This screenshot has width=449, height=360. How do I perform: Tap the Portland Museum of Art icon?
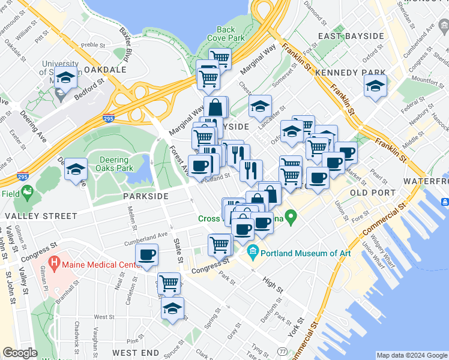tap(253, 253)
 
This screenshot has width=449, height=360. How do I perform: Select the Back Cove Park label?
tap(226, 34)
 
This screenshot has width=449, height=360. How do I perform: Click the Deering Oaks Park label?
tap(114, 164)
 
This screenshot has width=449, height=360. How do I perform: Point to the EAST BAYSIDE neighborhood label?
tap(351, 36)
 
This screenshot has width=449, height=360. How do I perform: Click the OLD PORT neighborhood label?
tap(372, 193)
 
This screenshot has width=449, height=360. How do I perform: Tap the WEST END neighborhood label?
tap(135, 352)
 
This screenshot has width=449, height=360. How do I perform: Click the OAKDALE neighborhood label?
tap(105, 70)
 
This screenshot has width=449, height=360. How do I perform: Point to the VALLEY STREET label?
tap(34, 215)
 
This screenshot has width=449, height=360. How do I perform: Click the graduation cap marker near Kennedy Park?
tap(375, 86)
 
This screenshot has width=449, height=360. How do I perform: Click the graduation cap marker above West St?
tap(172, 308)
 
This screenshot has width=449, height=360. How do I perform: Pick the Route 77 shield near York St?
tap(282, 350)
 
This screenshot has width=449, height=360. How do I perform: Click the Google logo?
tap(20, 353)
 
